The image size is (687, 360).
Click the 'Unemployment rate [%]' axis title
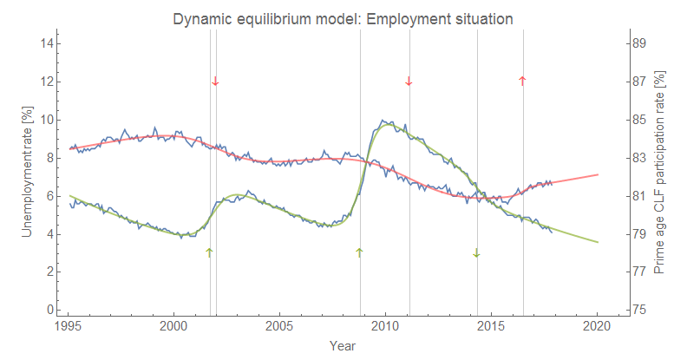[x=28, y=172]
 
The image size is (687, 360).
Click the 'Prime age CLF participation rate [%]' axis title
[x=659, y=173]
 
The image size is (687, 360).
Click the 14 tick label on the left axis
[x=49, y=43]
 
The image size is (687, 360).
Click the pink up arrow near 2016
[x=522, y=81]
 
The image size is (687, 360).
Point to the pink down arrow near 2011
[x=409, y=82]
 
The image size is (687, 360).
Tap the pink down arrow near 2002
[x=215, y=82]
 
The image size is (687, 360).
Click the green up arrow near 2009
[x=360, y=252]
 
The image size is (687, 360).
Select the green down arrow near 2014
[x=476, y=252]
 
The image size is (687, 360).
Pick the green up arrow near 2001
[x=209, y=252]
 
